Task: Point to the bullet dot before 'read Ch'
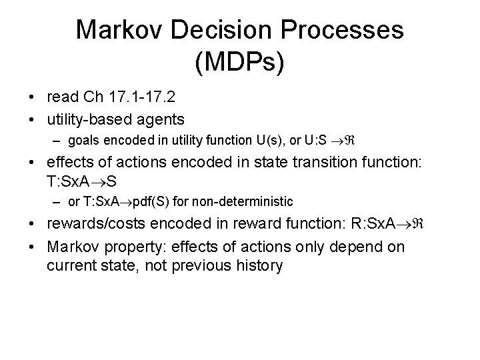coord(33,98)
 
